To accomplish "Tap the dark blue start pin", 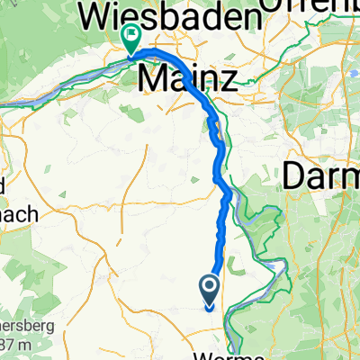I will [210, 289].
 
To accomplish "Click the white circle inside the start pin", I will [210, 286].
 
